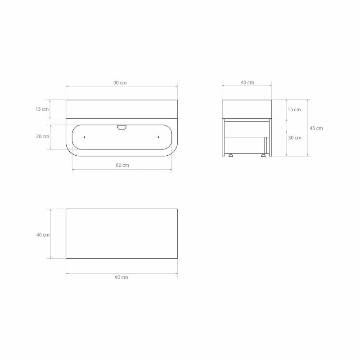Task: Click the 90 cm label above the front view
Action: tap(120, 83)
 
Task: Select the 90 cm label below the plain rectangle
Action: tap(121, 277)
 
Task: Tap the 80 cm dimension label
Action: tap(122, 165)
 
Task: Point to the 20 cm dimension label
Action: tap(42, 136)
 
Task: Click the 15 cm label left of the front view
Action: tap(42, 109)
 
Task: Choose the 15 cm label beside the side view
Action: tap(294, 109)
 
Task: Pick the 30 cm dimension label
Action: tap(295, 138)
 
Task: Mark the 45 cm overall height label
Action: tap(316, 128)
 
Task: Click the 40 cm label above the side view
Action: tap(247, 82)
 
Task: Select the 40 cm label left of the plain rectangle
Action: tap(43, 235)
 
